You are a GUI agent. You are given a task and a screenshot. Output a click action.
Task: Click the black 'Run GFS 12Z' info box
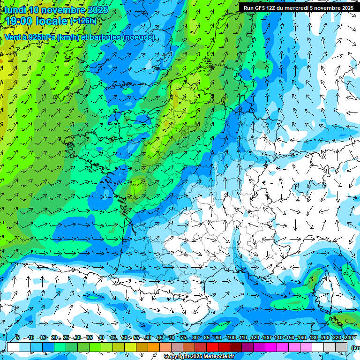[298, 7]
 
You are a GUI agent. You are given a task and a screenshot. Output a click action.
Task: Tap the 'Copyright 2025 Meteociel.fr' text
[199, 357]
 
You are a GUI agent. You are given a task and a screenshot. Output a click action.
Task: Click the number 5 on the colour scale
[17, 337]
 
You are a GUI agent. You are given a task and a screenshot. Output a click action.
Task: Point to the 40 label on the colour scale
[101, 337]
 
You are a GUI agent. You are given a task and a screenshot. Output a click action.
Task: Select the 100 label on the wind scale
[231, 337]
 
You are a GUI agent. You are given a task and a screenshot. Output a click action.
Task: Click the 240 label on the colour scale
[349, 337]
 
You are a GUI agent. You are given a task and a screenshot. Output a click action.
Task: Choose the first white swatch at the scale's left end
[13, 347]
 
